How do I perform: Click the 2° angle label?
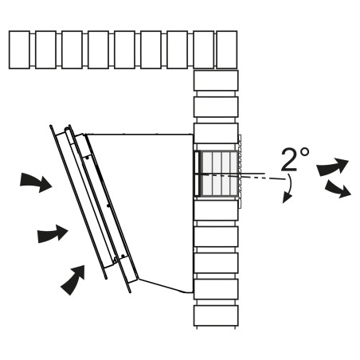pyautogui.click(x=295, y=159)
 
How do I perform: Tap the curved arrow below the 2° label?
pyautogui.click(x=289, y=189)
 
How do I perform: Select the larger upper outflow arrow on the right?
pyautogui.click(x=332, y=166)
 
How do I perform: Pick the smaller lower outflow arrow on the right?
pyautogui.click(x=338, y=189)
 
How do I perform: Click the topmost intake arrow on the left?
pyautogui.click(x=36, y=182)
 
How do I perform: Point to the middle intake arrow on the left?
pyautogui.click(x=53, y=233)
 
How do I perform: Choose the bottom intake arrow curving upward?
pyautogui.click(x=73, y=280)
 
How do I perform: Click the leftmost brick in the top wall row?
pyautogui.click(x=19, y=50)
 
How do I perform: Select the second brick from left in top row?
pyautogui.click(x=45, y=50)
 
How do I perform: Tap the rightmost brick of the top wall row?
pyautogui.click(x=227, y=50)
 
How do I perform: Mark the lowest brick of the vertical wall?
pyautogui.click(x=216, y=315)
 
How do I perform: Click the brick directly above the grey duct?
pyautogui.click(x=216, y=134)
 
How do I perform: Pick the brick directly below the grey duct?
pyautogui.click(x=216, y=210)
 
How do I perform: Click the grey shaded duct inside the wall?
pyautogui.click(x=218, y=174)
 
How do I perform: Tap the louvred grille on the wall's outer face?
pyautogui.click(x=240, y=171)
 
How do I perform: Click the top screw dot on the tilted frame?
pyautogui.click(x=87, y=158)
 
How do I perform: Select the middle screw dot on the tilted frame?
pyautogui.click(x=108, y=205)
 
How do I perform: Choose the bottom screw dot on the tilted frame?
pyautogui.click(x=123, y=256)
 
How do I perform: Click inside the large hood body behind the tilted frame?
pyautogui.click(x=149, y=207)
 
